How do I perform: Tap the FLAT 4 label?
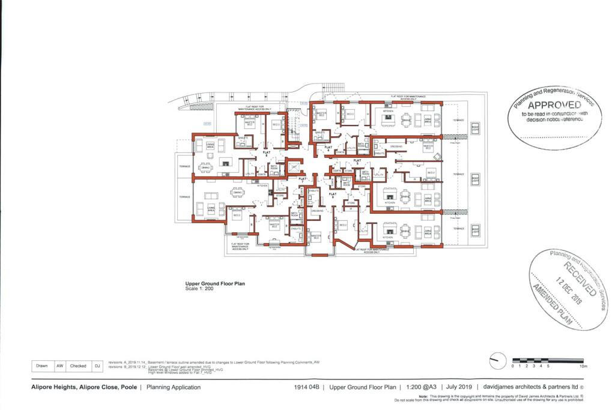point(329,148)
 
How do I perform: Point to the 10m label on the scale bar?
point(583,366)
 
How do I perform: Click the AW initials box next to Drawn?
point(59,365)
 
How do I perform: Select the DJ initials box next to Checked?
point(97,365)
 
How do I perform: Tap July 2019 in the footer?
point(422,388)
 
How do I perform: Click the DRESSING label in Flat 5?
point(396,146)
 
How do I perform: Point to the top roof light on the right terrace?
point(475,128)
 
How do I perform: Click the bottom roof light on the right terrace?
point(475,230)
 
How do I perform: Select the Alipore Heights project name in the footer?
point(83,388)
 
